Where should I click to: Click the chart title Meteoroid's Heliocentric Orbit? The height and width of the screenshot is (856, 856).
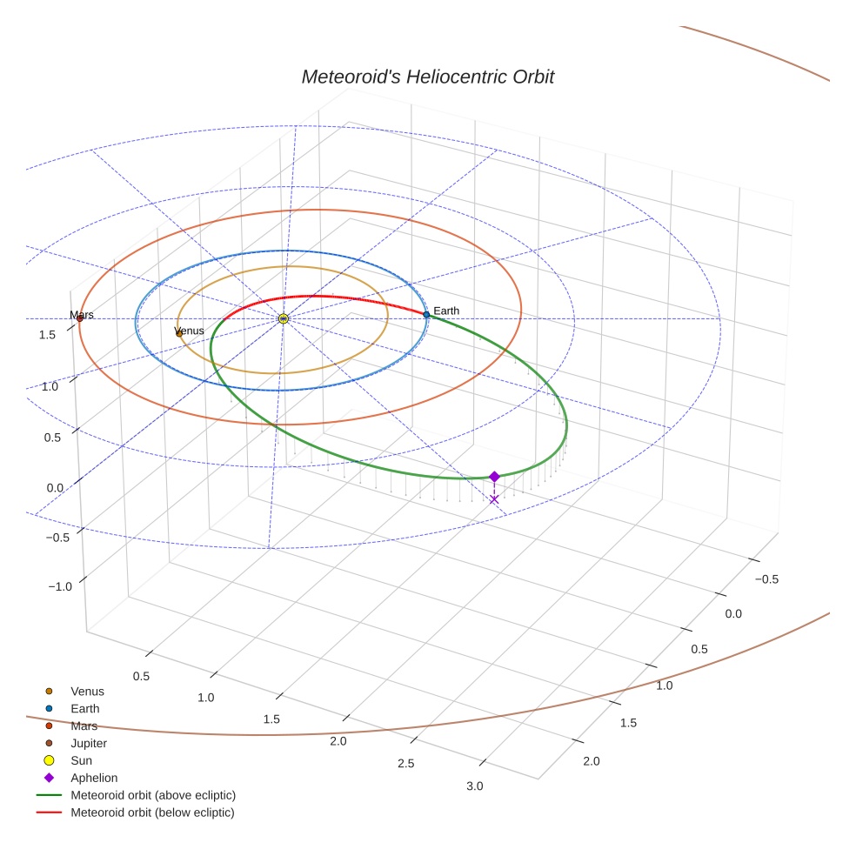427,77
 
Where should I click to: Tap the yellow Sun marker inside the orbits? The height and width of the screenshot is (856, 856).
283,319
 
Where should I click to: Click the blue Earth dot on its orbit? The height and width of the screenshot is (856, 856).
426,314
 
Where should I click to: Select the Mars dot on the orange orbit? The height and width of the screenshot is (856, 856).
80,318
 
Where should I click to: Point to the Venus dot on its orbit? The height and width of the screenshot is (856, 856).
179,333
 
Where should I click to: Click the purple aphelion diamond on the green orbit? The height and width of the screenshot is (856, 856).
494,476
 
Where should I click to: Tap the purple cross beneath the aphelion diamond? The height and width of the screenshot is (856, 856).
494,499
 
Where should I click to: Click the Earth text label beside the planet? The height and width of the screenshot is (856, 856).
446,311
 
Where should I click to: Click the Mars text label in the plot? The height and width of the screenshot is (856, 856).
83,314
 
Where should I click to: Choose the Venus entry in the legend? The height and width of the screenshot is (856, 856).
87,691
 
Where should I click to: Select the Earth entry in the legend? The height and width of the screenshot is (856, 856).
84,708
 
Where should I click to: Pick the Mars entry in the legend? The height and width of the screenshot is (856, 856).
84,726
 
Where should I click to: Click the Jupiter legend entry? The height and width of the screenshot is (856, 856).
88,743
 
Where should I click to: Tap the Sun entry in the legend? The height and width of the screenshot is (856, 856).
81,760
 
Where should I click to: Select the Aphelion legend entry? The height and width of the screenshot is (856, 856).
93,778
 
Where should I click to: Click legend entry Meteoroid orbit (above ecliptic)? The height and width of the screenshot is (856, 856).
152,795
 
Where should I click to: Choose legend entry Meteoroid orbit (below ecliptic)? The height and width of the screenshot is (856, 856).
152,813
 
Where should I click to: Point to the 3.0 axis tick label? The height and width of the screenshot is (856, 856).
474,786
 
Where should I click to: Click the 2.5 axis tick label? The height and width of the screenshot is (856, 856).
406,763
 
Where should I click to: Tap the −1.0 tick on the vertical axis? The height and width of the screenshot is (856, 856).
59,586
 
